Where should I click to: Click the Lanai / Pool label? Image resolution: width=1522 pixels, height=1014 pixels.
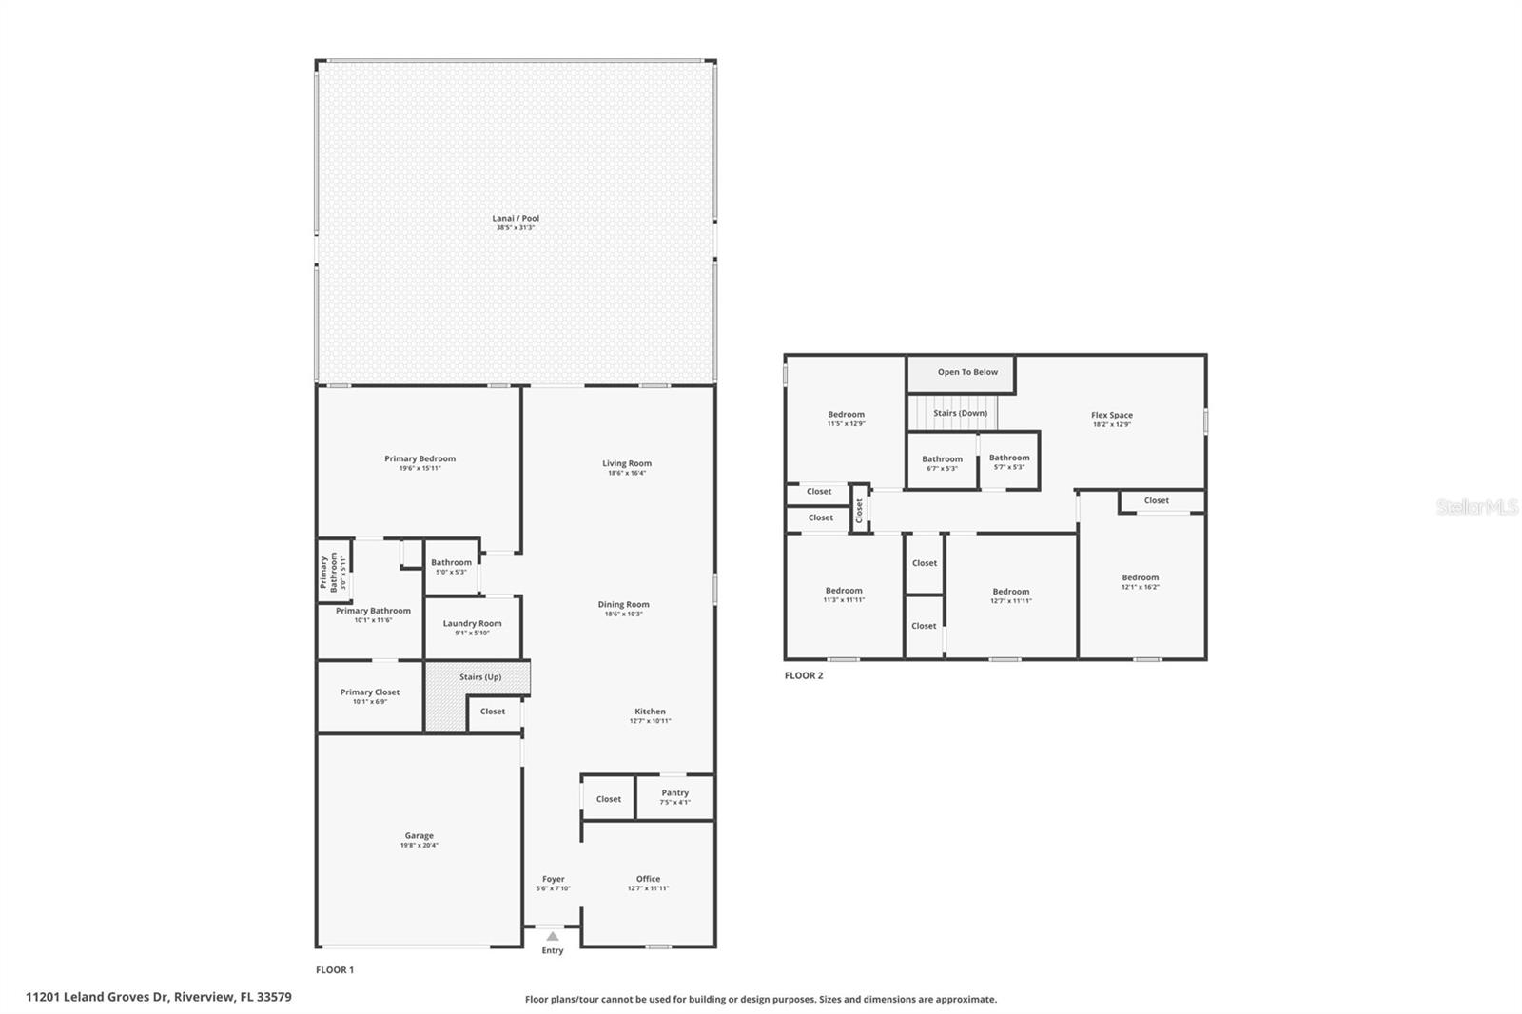click(x=515, y=219)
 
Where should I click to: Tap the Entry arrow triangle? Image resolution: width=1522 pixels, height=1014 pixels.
click(x=553, y=937)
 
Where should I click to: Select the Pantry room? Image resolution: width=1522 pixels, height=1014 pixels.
click(x=674, y=797)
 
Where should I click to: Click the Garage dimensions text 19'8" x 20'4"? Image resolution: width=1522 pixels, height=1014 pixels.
click(x=419, y=846)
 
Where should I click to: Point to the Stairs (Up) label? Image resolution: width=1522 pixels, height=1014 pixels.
click(x=479, y=677)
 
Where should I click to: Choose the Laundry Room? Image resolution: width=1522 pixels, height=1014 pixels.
click(x=472, y=628)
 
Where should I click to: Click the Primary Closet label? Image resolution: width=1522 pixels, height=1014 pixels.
click(x=370, y=692)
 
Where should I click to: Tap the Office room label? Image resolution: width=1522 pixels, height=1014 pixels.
click(x=648, y=879)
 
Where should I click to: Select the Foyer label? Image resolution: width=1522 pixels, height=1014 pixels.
click(x=553, y=879)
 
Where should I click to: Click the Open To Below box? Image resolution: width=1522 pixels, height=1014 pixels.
click(x=961, y=373)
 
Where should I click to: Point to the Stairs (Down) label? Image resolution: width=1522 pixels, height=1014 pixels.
click(x=960, y=413)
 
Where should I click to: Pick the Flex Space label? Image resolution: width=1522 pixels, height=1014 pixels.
click(x=1111, y=415)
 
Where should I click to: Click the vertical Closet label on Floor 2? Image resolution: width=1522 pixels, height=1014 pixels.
click(x=859, y=511)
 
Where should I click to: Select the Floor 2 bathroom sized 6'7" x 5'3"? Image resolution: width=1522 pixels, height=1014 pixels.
click(x=942, y=463)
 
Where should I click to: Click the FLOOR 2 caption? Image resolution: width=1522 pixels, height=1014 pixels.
click(x=804, y=675)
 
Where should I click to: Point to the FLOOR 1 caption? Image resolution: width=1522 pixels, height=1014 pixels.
click(x=335, y=970)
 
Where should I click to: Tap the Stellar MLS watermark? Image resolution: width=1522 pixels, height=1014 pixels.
click(x=1476, y=508)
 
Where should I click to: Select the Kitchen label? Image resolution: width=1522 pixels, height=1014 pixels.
click(x=650, y=712)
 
